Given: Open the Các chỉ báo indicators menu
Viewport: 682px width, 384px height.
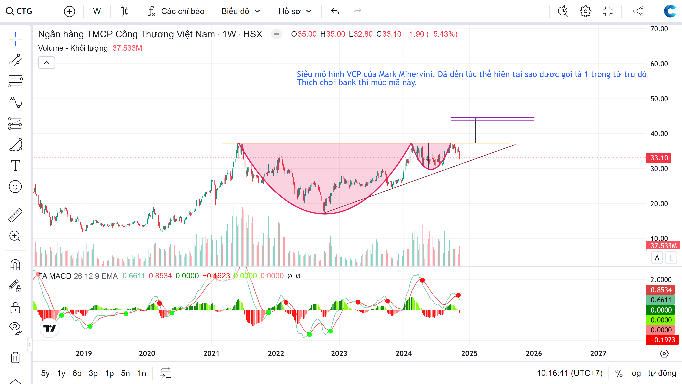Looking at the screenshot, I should tap(176, 11).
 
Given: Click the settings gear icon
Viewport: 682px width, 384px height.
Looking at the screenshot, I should tap(585, 11).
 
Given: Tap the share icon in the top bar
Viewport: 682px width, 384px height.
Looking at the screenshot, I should tap(638, 11).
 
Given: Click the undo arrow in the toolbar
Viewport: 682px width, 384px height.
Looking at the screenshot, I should tap(335, 11).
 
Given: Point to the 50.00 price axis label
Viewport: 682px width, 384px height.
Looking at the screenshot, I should tap(659, 99).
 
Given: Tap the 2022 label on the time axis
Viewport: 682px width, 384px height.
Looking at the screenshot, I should tap(276, 353).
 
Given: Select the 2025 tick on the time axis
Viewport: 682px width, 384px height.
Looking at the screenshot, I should tap(469, 353).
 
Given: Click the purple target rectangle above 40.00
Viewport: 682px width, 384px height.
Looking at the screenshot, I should tap(492, 119).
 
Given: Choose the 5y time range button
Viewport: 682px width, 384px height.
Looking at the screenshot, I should tap(45, 373).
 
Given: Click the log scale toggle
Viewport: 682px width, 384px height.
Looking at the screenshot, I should tap(635, 373).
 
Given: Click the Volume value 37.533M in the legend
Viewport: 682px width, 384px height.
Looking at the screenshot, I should tap(127, 48).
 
